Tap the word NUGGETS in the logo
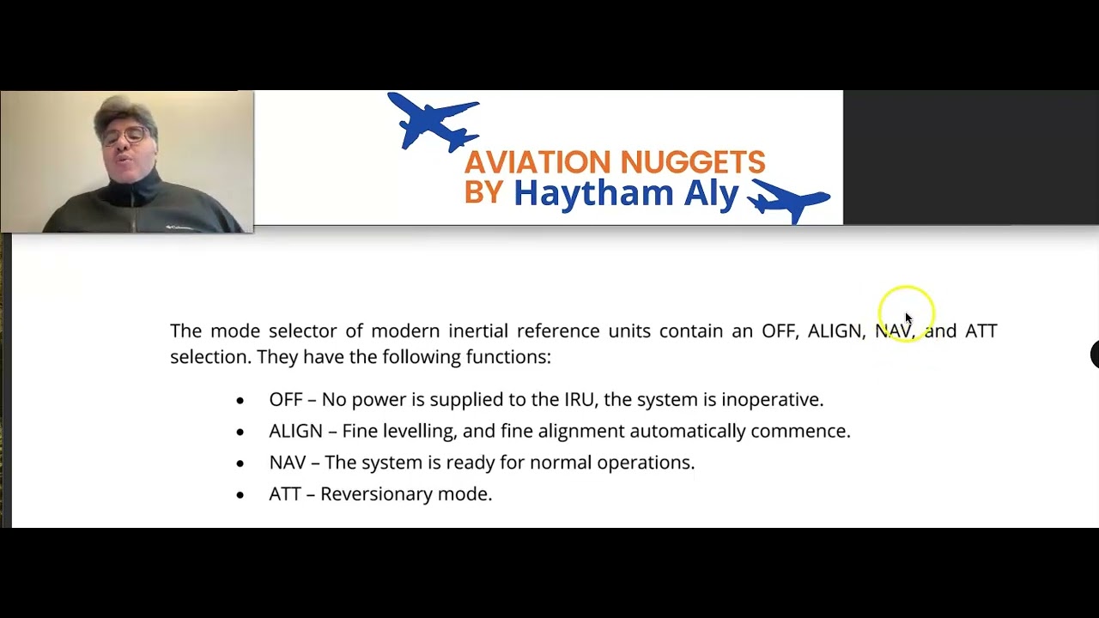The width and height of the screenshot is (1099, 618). click(x=692, y=161)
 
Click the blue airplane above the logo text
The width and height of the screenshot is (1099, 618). click(x=434, y=121)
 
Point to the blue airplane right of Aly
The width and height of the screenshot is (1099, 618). click(x=789, y=200)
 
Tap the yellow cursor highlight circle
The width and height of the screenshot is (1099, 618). click(x=906, y=313)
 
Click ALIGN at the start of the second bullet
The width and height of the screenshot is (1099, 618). click(x=295, y=431)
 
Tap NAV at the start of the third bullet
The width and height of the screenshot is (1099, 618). click(x=287, y=463)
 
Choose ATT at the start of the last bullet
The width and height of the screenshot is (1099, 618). click(x=284, y=494)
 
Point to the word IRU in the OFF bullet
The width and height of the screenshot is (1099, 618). click(x=579, y=399)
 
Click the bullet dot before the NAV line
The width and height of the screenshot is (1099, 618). click(x=240, y=463)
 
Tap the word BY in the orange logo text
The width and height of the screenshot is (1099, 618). click(x=483, y=192)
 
